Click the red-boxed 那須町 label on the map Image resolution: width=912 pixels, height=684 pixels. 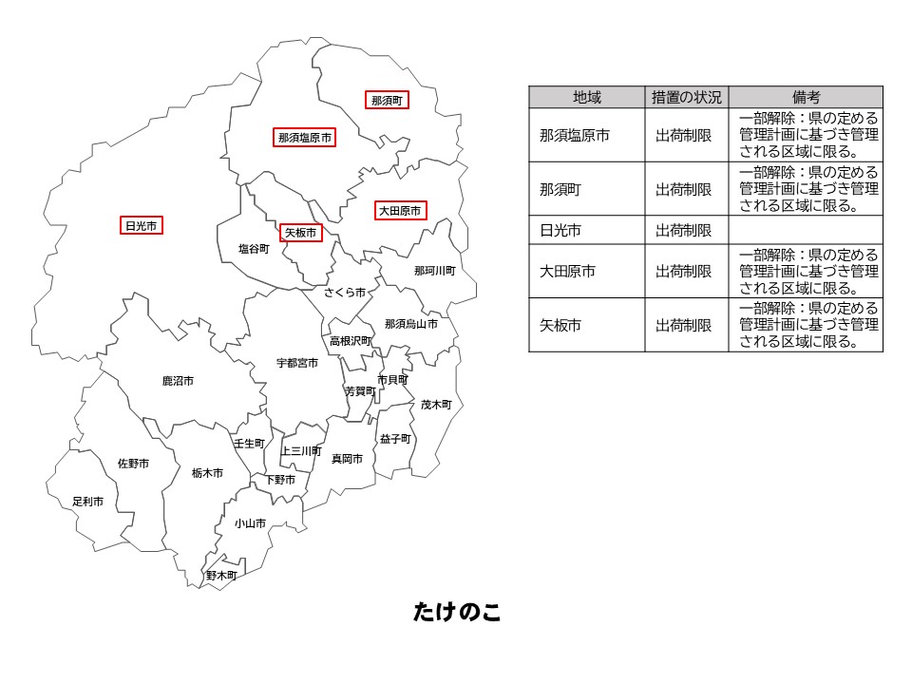pos(387,100)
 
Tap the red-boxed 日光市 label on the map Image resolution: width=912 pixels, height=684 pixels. pos(142,225)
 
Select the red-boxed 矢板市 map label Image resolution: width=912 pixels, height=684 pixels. pos(299,232)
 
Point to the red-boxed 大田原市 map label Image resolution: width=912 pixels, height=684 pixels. pos(399,211)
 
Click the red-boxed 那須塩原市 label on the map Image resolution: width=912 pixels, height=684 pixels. pos(305,138)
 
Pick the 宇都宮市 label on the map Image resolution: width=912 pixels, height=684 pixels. pos(297,363)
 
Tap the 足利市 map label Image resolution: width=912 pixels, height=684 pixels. pos(88,501)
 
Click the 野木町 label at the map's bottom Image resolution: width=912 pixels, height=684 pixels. pos(221,575)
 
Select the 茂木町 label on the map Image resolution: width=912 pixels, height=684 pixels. pos(436,404)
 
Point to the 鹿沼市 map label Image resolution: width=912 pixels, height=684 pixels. pos(178,381)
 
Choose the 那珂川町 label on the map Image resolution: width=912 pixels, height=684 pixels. pos(434,271)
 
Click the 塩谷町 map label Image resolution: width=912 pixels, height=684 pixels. pos(254,249)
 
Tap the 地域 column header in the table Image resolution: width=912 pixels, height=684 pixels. pos(586,97)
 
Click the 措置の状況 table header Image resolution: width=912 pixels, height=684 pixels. pos(686,97)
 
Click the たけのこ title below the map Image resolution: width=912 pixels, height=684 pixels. pos(457,613)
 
